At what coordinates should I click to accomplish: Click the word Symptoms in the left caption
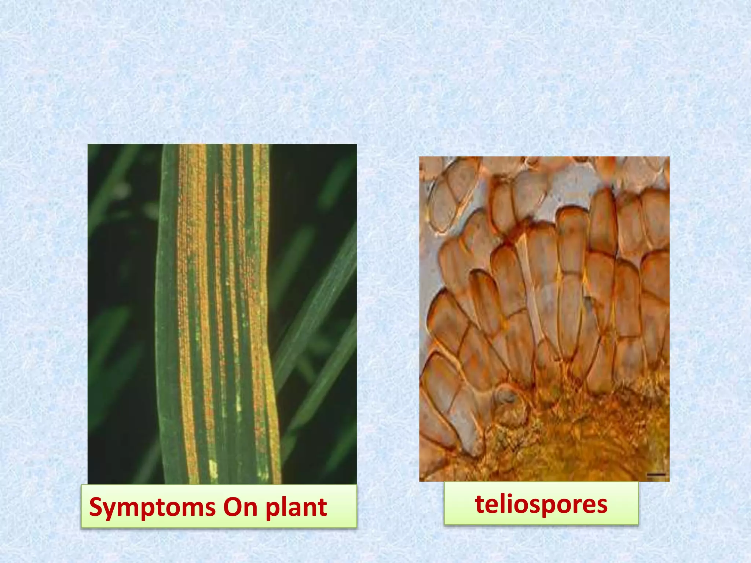(152, 507)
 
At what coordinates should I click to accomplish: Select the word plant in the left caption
(296, 508)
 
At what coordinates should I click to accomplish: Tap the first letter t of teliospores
(479, 504)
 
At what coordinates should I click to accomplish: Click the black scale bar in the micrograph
(656, 475)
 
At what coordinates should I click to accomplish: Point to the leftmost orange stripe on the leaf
(187, 293)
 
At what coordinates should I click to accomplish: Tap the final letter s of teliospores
(602, 505)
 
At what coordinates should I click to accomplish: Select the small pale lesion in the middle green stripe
(239, 403)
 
